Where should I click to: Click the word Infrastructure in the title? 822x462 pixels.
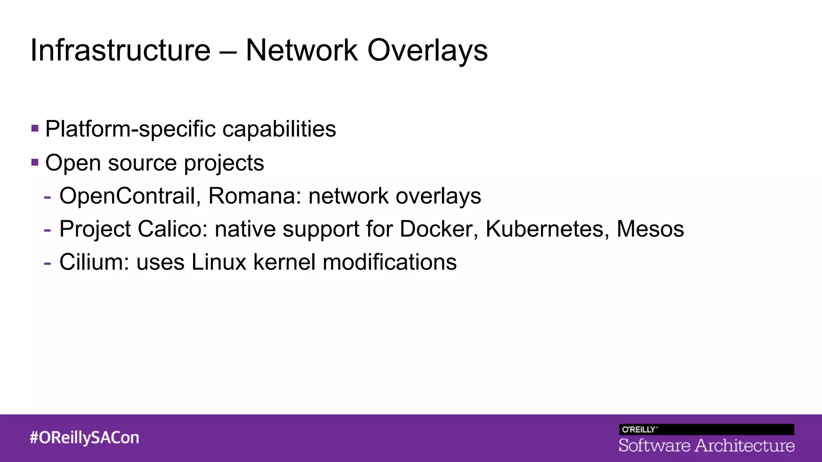pyautogui.click(x=120, y=51)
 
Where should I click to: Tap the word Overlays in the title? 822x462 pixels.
pyautogui.click(x=427, y=51)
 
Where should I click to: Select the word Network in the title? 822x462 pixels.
pyautogui.click(x=301, y=51)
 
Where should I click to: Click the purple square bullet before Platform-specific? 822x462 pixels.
pyautogui.click(x=35, y=129)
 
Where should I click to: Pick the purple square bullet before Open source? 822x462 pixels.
pyautogui.click(x=35, y=162)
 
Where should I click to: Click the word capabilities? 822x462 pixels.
pyautogui.click(x=279, y=129)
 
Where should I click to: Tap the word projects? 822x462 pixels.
pyautogui.click(x=224, y=163)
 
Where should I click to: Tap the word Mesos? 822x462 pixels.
pyautogui.click(x=650, y=229)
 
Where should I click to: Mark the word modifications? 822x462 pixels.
pyautogui.click(x=389, y=262)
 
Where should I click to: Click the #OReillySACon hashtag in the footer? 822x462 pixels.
pyautogui.click(x=84, y=438)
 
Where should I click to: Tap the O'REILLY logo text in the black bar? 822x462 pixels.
pyautogui.click(x=639, y=430)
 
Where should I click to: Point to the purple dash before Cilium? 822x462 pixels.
pyautogui.click(x=47, y=263)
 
